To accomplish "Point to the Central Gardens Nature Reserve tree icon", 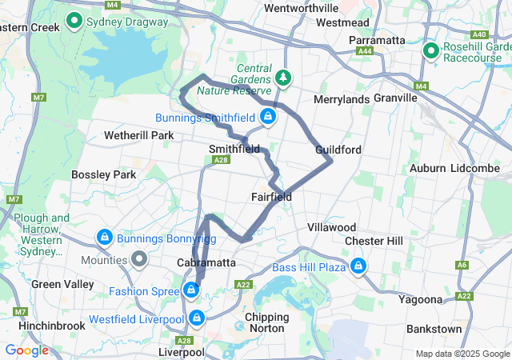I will point(282,78).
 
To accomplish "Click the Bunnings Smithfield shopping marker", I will point(268,118).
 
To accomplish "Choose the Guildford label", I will point(338,150).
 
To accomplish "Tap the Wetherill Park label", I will point(139,135).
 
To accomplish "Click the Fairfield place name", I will point(271,197).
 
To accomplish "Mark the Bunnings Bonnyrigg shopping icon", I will point(103,238).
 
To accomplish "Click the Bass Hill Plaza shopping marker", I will point(358,266).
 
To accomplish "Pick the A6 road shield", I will point(462,265).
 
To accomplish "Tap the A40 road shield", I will point(480,35).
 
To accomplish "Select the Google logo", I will point(27,350).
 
